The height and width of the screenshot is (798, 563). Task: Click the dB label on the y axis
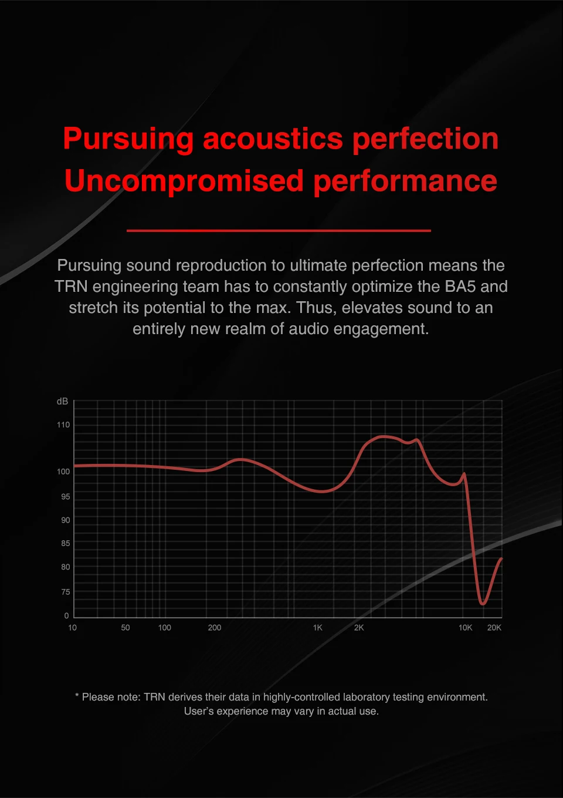tap(62, 402)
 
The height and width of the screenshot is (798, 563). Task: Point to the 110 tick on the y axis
tap(63, 425)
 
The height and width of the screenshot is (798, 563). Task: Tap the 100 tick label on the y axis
tap(63, 472)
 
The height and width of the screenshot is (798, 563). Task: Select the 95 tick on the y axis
tap(65, 497)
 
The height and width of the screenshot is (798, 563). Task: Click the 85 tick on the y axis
tap(65, 544)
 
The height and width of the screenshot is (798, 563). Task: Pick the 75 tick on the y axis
tap(65, 592)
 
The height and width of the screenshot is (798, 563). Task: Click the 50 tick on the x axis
tap(126, 628)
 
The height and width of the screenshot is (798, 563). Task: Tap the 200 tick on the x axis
tap(215, 628)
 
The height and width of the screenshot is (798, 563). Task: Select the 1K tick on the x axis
tap(318, 628)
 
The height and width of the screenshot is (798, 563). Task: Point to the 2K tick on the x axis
tap(359, 628)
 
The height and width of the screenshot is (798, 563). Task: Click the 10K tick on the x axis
tap(465, 628)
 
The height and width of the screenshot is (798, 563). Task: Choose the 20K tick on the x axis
tap(494, 628)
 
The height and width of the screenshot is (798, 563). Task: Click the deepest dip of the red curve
tap(483, 603)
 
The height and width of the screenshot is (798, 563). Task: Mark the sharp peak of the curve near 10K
tap(464, 473)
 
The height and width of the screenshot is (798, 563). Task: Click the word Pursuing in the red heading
tap(128, 140)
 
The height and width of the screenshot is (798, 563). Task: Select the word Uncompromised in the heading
tap(184, 181)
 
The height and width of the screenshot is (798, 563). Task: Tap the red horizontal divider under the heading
tap(279, 231)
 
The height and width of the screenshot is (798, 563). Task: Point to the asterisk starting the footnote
tap(77, 697)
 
